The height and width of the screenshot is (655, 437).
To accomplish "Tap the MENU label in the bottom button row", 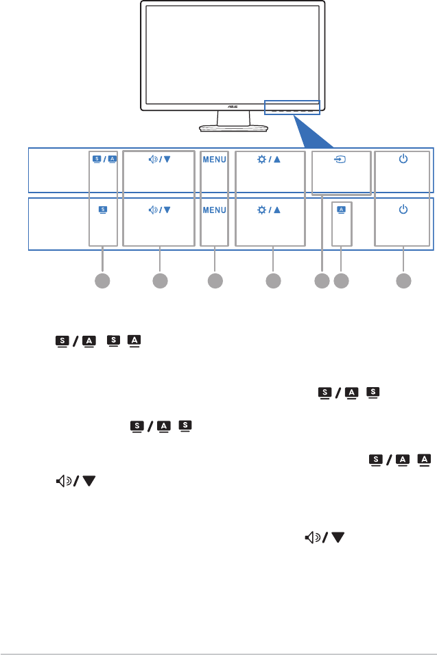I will (214, 208).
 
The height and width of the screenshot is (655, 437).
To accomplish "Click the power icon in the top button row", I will (403, 159).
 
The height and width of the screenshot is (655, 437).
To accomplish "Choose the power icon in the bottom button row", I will (403, 208).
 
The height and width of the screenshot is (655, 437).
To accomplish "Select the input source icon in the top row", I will (341, 159).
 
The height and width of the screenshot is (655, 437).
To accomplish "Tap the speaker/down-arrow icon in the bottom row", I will (159, 208).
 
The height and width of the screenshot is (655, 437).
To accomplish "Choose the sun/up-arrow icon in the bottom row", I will (272, 208).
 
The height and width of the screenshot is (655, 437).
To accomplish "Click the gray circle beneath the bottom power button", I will (403, 280).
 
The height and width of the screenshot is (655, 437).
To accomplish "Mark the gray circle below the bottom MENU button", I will (215, 280).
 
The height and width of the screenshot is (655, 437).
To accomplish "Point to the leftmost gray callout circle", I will (102, 280).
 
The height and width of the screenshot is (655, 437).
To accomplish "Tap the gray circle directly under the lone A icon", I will (341, 280).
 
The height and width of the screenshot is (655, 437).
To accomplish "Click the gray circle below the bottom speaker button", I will (159, 280).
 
